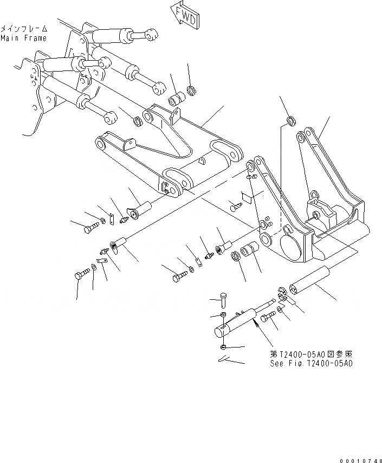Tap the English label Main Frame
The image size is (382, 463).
(23, 38)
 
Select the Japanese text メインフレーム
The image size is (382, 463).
(24, 28)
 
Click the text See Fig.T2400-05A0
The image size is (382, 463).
(311, 363)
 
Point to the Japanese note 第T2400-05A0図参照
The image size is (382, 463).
(311, 353)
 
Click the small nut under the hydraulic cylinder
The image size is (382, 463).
(224, 346)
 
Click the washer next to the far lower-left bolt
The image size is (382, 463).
(94, 268)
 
